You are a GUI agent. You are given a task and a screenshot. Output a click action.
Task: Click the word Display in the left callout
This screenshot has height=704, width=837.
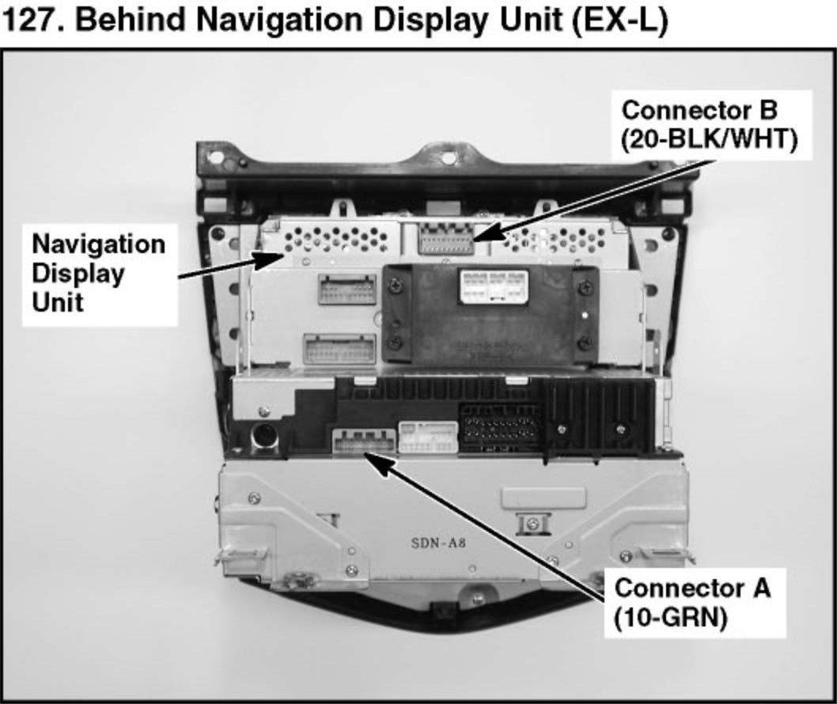[x=78, y=274]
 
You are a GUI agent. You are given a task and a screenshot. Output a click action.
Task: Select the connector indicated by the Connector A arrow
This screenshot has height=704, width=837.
[x=363, y=442]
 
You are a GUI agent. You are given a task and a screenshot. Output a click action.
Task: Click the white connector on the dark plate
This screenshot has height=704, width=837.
[x=494, y=286]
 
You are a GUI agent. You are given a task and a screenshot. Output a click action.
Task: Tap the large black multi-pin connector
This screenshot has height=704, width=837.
[x=500, y=429]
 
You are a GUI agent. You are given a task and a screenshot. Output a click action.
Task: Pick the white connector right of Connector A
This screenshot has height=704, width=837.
[x=428, y=437]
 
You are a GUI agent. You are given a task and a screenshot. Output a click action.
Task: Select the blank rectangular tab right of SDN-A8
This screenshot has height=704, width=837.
[x=544, y=498]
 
